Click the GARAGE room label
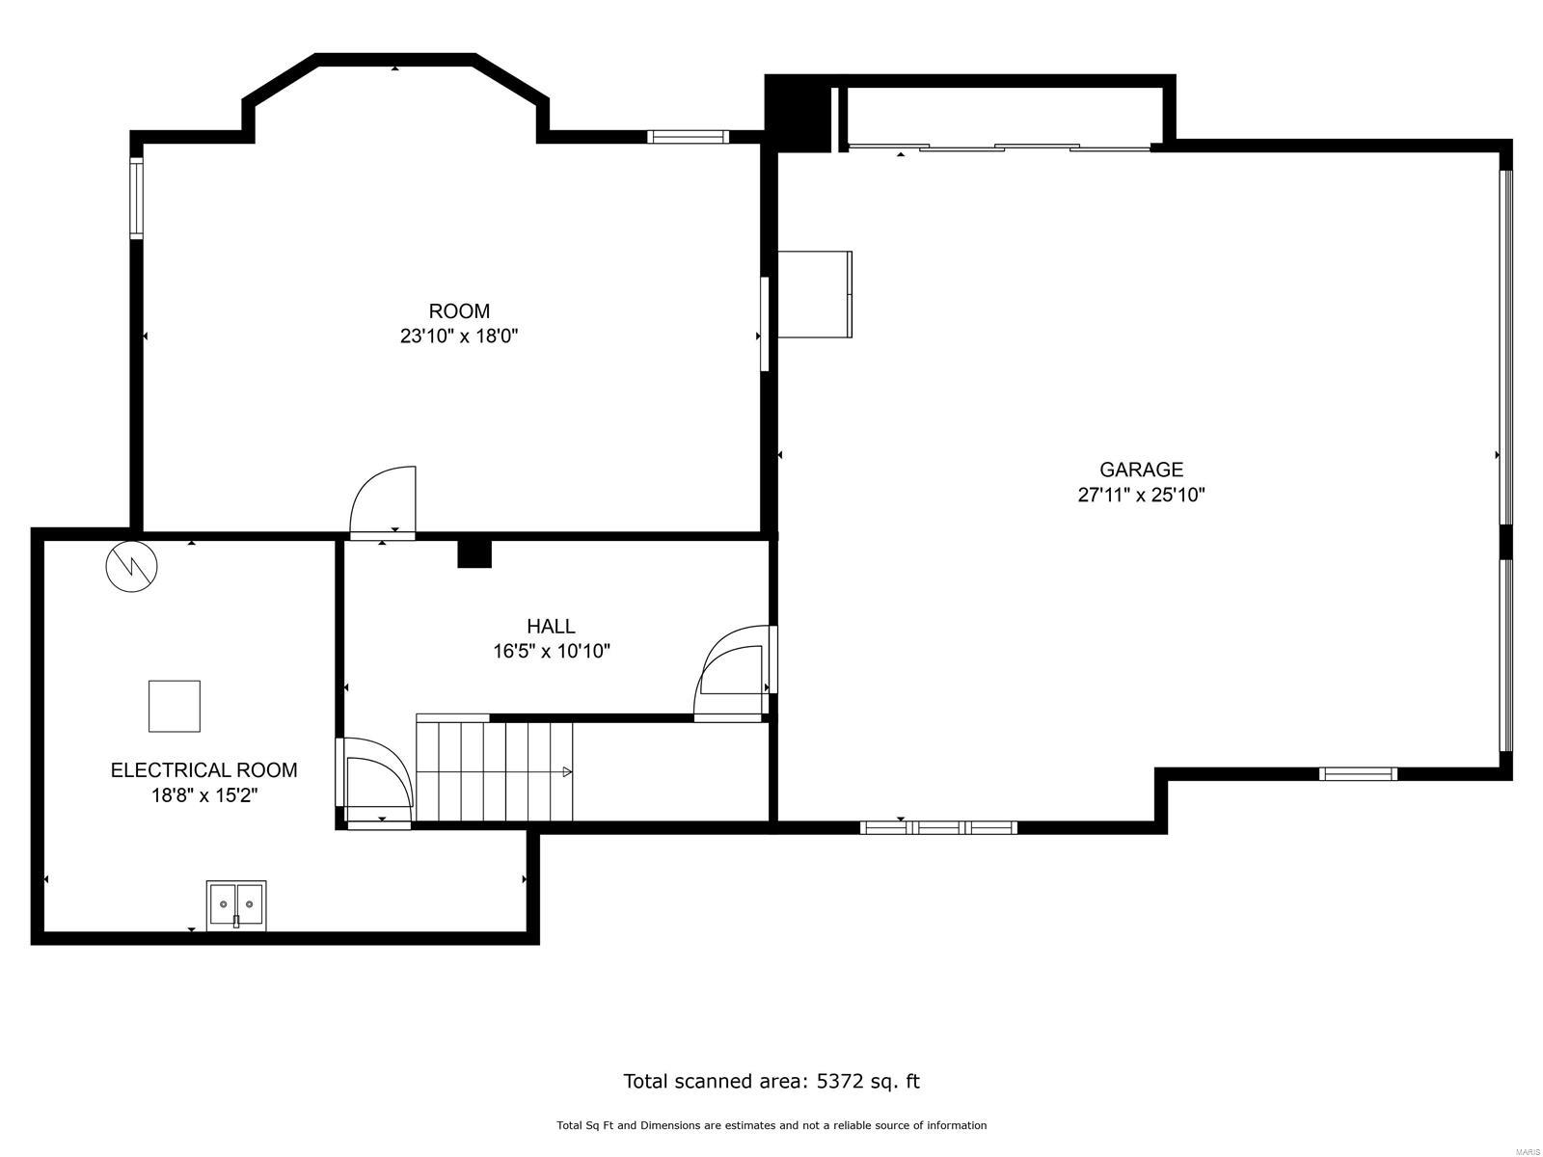(1141, 470)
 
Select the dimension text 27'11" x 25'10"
(1141, 496)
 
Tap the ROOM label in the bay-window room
(459, 311)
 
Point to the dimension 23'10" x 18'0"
(459, 336)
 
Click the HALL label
(551, 627)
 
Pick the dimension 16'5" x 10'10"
(551, 652)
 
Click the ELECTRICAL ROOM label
(203, 770)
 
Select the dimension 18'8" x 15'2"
(203, 795)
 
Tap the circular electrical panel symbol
(131, 566)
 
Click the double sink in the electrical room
(236, 904)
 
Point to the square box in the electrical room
(175, 706)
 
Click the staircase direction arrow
(567, 771)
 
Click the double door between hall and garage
(733, 670)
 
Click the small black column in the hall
(474, 553)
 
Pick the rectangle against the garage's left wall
(814, 294)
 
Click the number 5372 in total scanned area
(841, 1081)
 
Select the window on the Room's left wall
(137, 199)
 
